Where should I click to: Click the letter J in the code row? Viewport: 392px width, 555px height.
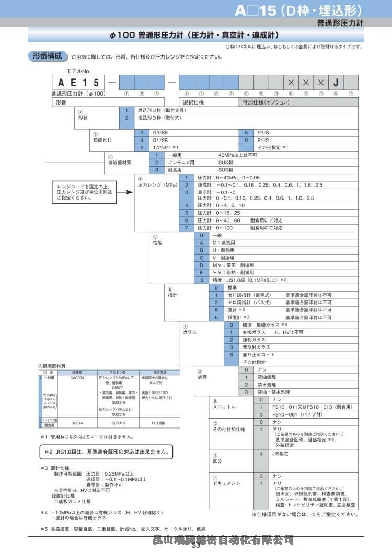click(336, 83)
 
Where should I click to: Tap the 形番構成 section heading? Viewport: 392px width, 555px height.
click(47, 56)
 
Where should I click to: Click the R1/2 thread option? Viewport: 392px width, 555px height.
click(263, 140)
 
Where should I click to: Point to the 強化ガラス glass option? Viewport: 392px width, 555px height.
click(254, 340)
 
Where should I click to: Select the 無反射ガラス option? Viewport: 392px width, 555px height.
click(256, 347)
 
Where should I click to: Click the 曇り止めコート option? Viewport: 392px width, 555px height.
click(258, 354)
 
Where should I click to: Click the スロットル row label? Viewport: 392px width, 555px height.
click(224, 407)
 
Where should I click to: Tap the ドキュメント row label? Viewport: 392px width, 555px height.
click(226, 483)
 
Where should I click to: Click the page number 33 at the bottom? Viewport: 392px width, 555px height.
click(196, 547)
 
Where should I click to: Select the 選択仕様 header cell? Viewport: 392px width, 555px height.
click(193, 102)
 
